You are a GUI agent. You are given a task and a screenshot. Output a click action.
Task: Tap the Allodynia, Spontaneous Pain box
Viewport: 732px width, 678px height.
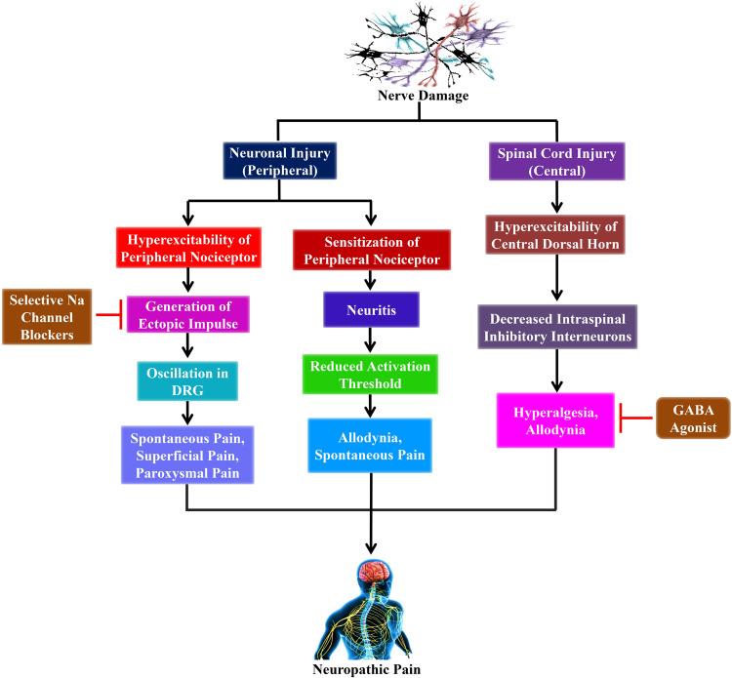[x=371, y=445]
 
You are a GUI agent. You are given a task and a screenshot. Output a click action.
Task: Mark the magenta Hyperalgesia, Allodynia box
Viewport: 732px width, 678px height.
[x=555, y=420]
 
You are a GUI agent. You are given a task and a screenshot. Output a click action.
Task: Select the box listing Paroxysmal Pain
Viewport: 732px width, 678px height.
[x=186, y=453]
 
